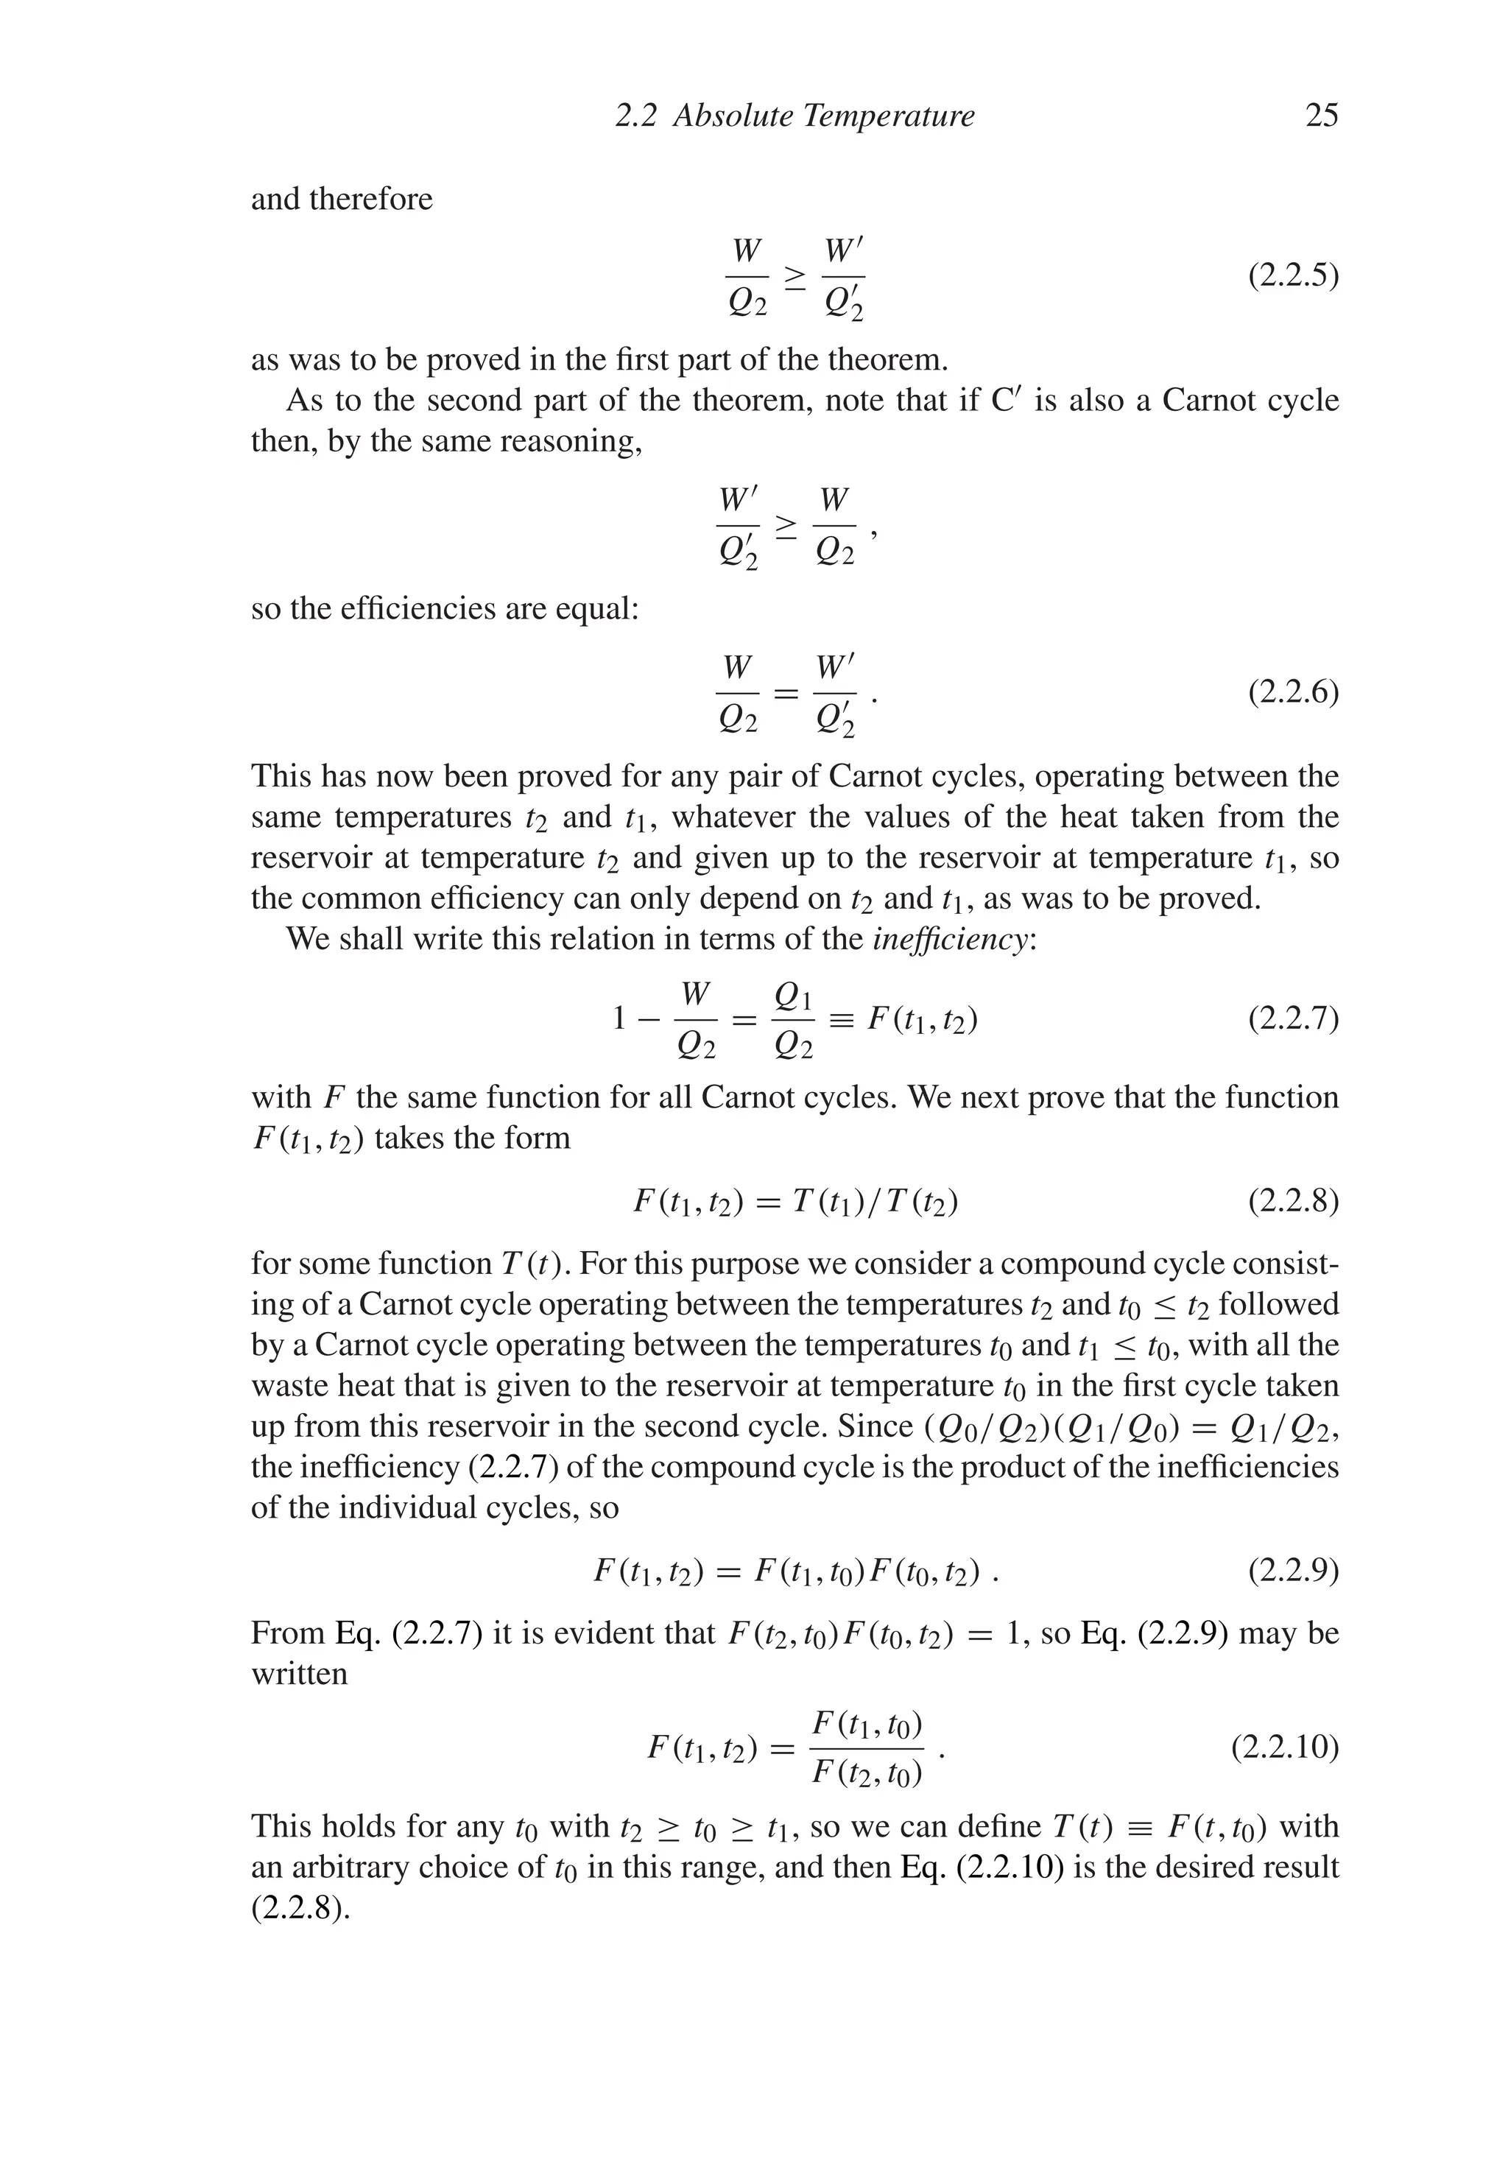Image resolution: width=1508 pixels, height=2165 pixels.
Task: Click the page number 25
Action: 1321,116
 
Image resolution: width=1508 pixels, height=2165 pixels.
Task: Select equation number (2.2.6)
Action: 1293,693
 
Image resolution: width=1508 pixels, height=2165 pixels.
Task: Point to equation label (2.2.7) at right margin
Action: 1293,1019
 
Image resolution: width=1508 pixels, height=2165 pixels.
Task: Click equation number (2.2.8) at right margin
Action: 1293,1203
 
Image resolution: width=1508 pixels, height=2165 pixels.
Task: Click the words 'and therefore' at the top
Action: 342,199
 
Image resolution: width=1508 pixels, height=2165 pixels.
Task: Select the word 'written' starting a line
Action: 299,1674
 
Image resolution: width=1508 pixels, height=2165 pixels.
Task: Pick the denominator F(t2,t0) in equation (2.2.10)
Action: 867,1774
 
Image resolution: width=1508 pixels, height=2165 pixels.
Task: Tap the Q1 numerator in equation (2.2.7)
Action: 792,996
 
